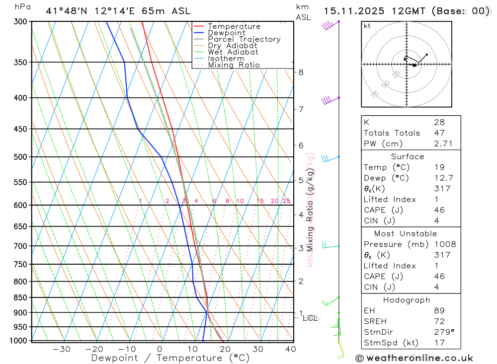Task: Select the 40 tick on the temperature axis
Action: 291,349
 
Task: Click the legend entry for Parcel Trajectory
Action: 244,39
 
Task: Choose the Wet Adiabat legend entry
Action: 233,52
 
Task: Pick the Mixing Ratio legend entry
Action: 234,65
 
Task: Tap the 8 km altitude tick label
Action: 301,72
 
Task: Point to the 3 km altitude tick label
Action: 301,248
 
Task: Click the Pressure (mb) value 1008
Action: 444,244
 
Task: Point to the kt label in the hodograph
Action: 367,26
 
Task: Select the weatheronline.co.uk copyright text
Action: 414,358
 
